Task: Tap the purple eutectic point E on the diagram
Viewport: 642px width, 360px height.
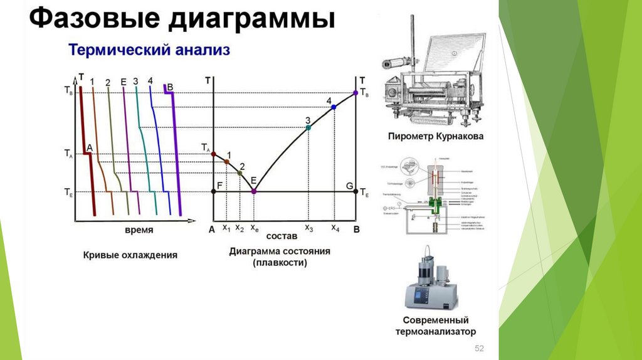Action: point(254,191)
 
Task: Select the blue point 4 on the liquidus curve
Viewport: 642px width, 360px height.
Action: point(334,107)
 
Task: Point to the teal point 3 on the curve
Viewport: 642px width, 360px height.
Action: point(308,128)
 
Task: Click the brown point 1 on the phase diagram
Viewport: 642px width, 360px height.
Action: point(227,162)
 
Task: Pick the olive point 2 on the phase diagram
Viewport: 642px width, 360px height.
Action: point(239,172)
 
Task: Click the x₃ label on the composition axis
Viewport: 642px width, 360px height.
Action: point(308,228)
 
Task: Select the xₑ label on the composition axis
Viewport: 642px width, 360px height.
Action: point(255,228)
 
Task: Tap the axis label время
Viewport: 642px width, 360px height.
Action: point(139,230)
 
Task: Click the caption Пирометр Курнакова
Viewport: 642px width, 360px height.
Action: point(435,135)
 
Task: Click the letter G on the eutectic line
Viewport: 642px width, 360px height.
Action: point(349,185)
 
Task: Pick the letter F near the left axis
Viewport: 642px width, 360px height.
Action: point(219,185)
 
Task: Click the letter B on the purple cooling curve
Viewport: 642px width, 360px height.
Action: point(170,87)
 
